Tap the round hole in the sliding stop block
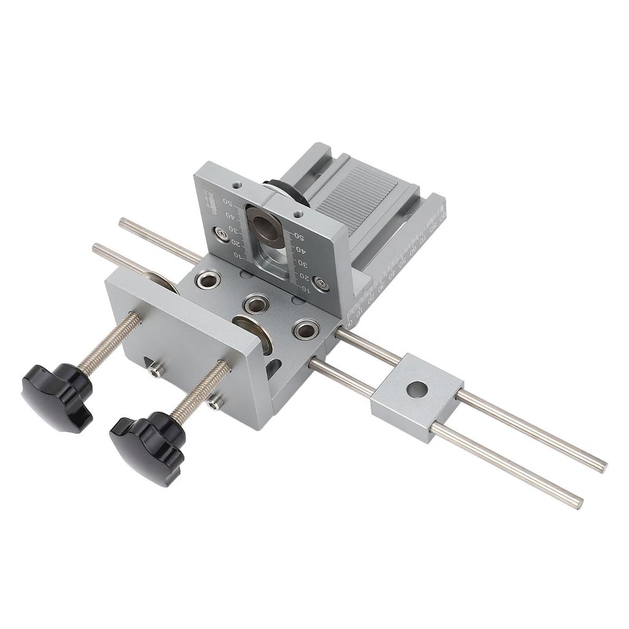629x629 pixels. [x=418, y=389]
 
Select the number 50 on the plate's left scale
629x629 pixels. [x=227, y=201]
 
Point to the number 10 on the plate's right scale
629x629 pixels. [x=303, y=287]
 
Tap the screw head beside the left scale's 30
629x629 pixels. [x=219, y=232]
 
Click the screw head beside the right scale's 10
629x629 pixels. [x=320, y=283]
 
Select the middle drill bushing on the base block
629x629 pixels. [x=256, y=303]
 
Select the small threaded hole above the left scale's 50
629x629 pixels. [x=235, y=184]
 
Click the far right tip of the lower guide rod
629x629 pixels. [x=578, y=502]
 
